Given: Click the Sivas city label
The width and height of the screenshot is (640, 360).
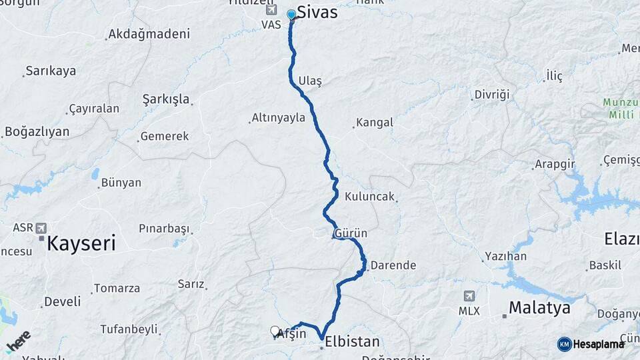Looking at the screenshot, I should click(x=317, y=13).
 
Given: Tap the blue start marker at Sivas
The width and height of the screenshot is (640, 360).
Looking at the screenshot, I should click(x=291, y=15).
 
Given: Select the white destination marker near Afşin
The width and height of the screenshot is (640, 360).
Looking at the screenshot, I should click(x=275, y=331).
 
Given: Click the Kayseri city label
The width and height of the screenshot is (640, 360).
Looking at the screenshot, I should click(x=81, y=243).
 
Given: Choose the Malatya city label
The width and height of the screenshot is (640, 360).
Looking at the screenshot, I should click(x=539, y=308).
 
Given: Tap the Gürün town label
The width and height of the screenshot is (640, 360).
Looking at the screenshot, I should click(x=351, y=234).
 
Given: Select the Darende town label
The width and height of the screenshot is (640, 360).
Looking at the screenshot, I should click(x=393, y=265).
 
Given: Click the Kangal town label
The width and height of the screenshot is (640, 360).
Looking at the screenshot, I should click(x=374, y=123).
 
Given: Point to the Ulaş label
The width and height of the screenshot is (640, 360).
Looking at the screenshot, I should click(x=310, y=81).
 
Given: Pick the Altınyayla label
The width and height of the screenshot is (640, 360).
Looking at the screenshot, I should click(x=278, y=118).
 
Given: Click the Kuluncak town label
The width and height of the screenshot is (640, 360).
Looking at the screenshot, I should click(x=370, y=197).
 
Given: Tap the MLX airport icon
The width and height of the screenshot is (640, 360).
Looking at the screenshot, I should click(x=469, y=297).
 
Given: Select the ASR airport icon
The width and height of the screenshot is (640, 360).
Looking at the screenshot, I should click(x=42, y=228).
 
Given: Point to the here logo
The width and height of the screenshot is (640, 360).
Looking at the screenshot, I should click(x=19, y=341).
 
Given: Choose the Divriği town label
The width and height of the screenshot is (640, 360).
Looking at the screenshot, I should click(x=491, y=95).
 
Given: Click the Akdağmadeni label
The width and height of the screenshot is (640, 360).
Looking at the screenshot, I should click(x=149, y=34).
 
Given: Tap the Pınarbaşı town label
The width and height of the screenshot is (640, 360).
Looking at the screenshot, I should click(x=164, y=229).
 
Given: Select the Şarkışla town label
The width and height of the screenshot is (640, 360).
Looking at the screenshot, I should click(x=166, y=99).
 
